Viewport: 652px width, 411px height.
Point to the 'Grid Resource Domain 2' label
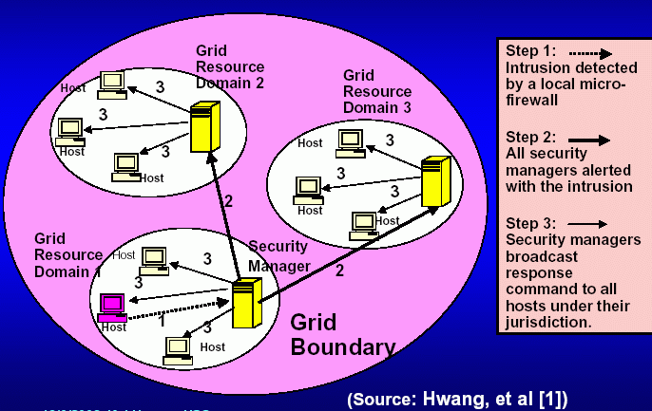tap(229, 65)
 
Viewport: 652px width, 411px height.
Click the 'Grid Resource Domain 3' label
tap(376, 91)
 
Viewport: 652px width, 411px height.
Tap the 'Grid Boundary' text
tap(341, 334)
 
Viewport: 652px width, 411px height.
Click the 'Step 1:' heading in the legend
tap(530, 52)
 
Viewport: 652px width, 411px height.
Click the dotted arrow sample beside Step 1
tap(585, 54)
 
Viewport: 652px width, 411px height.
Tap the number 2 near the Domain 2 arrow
tap(227, 200)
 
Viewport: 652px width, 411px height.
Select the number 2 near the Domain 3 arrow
tap(340, 270)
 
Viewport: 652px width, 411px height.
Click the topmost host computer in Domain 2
tap(113, 84)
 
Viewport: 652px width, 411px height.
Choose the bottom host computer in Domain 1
tap(178, 349)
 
